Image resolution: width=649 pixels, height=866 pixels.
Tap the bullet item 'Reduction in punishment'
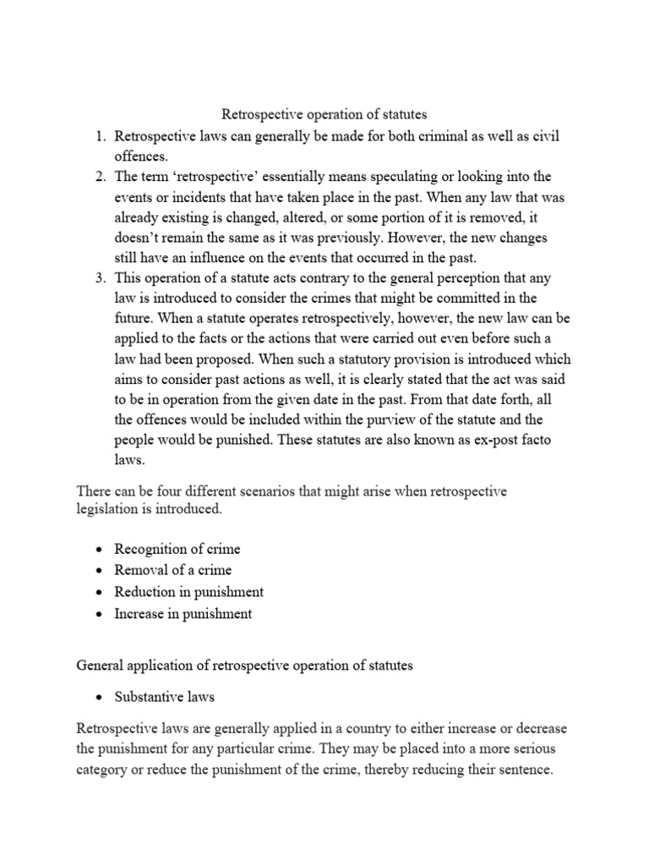188,592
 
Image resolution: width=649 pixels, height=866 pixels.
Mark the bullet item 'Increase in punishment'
183,613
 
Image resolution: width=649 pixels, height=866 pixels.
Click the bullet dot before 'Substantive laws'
99,698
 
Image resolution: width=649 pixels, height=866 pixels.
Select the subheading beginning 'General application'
244,666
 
